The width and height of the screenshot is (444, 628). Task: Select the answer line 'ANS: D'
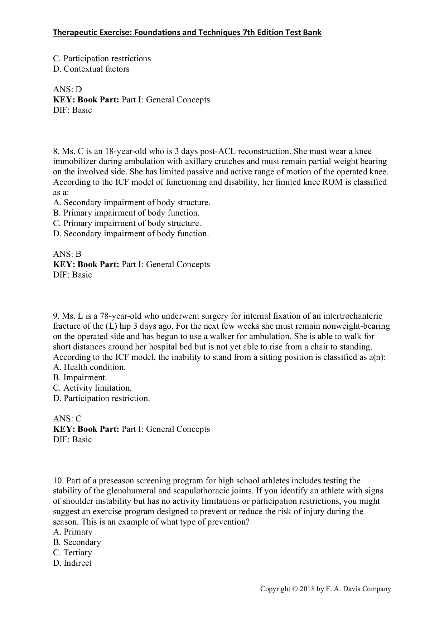[x=67, y=90]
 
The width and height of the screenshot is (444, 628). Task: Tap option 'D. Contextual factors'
[x=91, y=69]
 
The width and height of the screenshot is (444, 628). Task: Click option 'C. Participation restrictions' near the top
[x=102, y=58]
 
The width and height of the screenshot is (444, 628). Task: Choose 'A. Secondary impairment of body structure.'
[x=131, y=203]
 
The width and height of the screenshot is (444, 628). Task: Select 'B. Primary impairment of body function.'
[x=126, y=213]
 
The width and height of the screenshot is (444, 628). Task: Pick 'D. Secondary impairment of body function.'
[x=131, y=234]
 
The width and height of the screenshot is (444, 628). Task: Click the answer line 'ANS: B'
[x=67, y=254]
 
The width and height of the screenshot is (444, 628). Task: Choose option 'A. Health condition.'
[x=89, y=367]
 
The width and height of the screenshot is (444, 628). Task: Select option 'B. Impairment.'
[x=80, y=378]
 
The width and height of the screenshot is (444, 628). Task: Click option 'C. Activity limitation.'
[x=92, y=388]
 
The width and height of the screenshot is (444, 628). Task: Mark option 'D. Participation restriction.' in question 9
[x=101, y=398]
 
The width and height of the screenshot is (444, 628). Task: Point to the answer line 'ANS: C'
[x=67, y=419]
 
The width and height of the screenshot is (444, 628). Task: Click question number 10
[x=58, y=480]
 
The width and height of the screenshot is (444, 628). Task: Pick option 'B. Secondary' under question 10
[x=77, y=542]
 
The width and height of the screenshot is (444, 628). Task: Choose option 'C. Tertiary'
[x=72, y=553]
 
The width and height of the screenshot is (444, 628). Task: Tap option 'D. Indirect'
[x=72, y=563]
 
